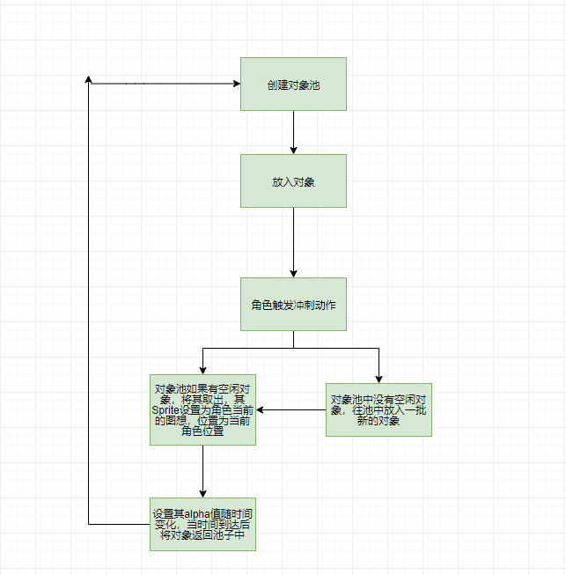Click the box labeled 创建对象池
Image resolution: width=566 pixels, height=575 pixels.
(293, 84)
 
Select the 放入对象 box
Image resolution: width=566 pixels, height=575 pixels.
(293, 181)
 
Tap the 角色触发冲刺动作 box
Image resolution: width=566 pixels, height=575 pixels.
(293, 304)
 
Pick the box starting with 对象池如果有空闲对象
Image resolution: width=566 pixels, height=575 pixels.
(202, 409)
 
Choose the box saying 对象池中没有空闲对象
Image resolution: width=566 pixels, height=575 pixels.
(379, 409)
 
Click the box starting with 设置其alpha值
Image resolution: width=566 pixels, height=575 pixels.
(202, 525)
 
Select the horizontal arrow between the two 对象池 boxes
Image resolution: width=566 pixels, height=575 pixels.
(290, 409)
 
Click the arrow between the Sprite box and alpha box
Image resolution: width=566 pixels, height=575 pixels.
(202, 471)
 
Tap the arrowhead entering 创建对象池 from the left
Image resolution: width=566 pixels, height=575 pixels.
(235, 84)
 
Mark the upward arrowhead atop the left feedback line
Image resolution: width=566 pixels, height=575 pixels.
(89, 79)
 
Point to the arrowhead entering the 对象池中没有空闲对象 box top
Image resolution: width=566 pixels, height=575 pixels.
(379, 378)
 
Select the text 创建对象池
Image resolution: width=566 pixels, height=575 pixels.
(293, 85)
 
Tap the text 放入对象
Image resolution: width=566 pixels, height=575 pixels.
(293, 181)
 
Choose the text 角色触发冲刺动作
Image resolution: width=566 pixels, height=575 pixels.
(293, 305)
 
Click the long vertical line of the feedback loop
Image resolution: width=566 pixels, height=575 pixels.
(89, 308)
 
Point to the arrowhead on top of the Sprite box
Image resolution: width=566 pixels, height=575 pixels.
(202, 369)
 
